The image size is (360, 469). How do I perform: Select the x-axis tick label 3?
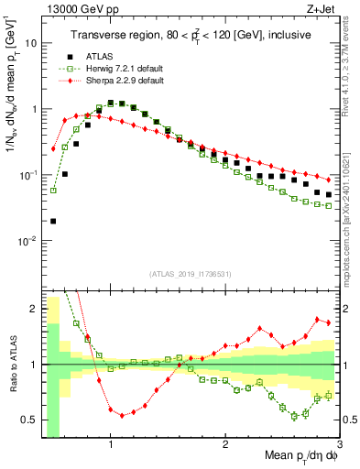[340, 439]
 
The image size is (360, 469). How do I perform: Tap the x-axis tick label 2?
[225, 439]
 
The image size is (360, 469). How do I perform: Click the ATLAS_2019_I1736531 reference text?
[190, 275]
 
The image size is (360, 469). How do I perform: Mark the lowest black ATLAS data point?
[53, 221]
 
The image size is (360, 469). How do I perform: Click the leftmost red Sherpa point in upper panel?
[53, 148]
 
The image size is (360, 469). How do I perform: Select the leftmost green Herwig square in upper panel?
[53, 191]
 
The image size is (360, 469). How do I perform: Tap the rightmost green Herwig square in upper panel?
[329, 205]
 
